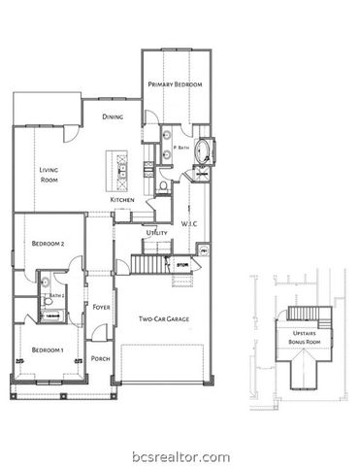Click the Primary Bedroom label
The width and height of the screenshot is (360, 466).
pyautogui.click(x=176, y=85)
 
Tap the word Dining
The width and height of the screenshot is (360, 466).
pyautogui.click(x=113, y=116)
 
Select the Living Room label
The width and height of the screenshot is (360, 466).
pyautogui.click(x=49, y=175)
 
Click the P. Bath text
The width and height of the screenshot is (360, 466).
pyautogui.click(x=180, y=148)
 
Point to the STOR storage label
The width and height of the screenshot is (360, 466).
pyautogui.click(x=180, y=262)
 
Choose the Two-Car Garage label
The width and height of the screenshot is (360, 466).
pyautogui.click(x=162, y=317)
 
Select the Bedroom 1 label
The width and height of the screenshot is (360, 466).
pyautogui.click(x=47, y=349)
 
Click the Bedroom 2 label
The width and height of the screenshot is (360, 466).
pyautogui.click(x=48, y=244)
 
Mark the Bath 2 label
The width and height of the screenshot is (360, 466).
pyautogui.click(x=56, y=295)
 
